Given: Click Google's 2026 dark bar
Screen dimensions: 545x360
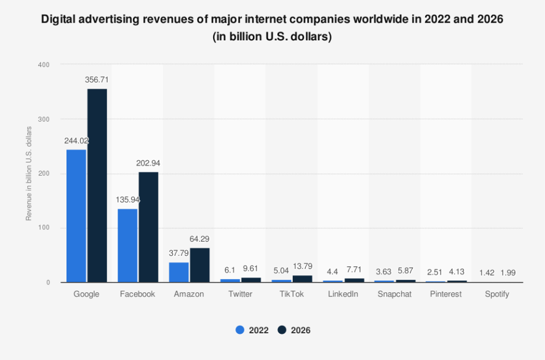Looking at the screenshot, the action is [x=97, y=185].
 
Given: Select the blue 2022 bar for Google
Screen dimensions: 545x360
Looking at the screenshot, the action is [x=76, y=216].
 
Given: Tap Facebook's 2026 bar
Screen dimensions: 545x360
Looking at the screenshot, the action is [x=148, y=227].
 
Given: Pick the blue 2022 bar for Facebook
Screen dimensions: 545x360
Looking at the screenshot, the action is [x=127, y=246].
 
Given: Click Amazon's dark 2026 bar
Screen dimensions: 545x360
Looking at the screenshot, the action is [x=200, y=265].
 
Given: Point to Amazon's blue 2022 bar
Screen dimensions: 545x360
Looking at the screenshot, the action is [x=179, y=272].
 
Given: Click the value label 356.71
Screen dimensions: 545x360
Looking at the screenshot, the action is [x=97, y=80].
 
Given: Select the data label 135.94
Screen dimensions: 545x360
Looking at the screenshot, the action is [x=127, y=200].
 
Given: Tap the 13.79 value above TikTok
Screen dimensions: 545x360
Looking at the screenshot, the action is [x=302, y=266].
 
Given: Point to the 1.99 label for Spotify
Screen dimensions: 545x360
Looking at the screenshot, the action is [x=508, y=272].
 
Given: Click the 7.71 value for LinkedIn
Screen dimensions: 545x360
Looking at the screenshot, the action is [x=354, y=270].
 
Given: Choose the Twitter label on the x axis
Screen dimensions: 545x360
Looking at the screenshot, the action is [x=240, y=294].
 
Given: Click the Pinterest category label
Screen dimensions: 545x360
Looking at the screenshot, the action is [x=446, y=294].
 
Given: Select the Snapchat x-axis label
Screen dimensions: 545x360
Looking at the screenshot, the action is [x=394, y=294].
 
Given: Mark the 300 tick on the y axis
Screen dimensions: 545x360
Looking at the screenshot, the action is [x=44, y=119].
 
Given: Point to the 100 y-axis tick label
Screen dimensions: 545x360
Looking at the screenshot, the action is [x=44, y=228].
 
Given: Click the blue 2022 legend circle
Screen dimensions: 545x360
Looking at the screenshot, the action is [x=240, y=330].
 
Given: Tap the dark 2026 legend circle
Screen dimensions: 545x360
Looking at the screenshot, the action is [x=282, y=330].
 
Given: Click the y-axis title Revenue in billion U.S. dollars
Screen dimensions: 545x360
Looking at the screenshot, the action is [x=28, y=173].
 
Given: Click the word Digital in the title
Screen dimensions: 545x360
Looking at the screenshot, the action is [x=58, y=19].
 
